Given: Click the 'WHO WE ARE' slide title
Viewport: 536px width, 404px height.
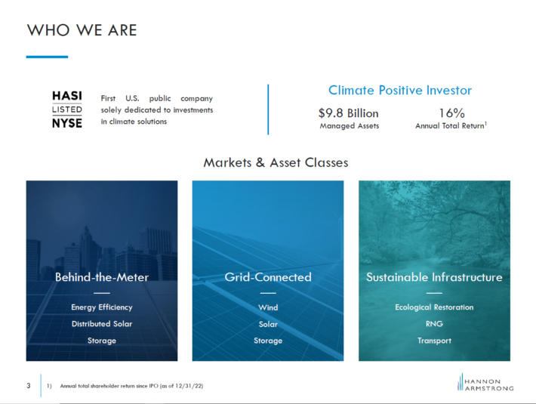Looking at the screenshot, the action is coord(82,30).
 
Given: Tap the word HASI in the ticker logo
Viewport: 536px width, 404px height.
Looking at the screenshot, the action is coord(67,96).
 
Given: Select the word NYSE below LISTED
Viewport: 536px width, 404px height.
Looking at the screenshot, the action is coord(67,122).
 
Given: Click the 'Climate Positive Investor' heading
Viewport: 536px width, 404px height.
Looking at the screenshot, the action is coord(400,90).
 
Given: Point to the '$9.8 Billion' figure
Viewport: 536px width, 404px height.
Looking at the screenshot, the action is coord(349,113).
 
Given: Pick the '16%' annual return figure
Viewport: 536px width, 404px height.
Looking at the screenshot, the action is coord(451,113).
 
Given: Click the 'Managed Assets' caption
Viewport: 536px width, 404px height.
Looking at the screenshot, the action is coord(350,126).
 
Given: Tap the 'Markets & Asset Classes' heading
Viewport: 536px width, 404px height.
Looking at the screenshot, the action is coord(276,162).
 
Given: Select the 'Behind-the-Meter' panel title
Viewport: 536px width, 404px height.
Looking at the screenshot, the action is coord(102,277).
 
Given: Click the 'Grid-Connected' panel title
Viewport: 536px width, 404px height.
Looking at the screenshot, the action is coord(268,277).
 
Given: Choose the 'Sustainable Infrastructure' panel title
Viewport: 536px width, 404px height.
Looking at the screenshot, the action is coord(435,277).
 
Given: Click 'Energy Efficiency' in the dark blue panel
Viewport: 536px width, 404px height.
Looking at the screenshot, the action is coord(102,307).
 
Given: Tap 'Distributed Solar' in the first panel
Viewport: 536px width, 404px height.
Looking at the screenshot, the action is coord(102,324).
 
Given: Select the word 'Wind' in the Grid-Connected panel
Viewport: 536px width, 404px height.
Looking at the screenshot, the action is coord(268,307).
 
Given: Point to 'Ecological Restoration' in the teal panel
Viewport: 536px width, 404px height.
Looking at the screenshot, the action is coord(435,307).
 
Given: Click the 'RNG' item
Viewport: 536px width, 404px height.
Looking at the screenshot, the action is coord(435,324).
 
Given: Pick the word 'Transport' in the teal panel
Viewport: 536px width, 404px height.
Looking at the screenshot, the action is coord(435,341).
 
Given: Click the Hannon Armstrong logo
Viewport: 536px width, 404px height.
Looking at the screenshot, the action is coord(485,382).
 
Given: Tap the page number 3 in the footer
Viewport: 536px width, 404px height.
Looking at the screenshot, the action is coord(29,386).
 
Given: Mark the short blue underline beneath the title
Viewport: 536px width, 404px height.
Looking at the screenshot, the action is coord(47,57).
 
